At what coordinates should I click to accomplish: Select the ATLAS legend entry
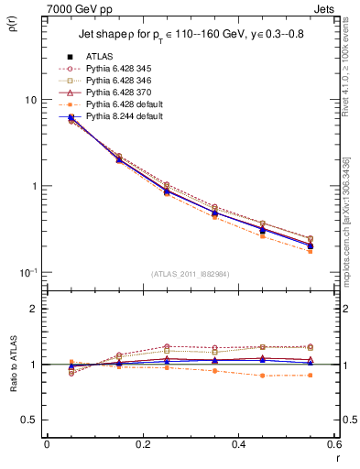point(101,57)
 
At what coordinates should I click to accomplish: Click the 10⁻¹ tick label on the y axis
point(27,272)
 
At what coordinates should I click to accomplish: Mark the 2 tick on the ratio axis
point(35,309)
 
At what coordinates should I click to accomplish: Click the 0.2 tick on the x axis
point(142,444)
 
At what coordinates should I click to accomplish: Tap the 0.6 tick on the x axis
point(333,444)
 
